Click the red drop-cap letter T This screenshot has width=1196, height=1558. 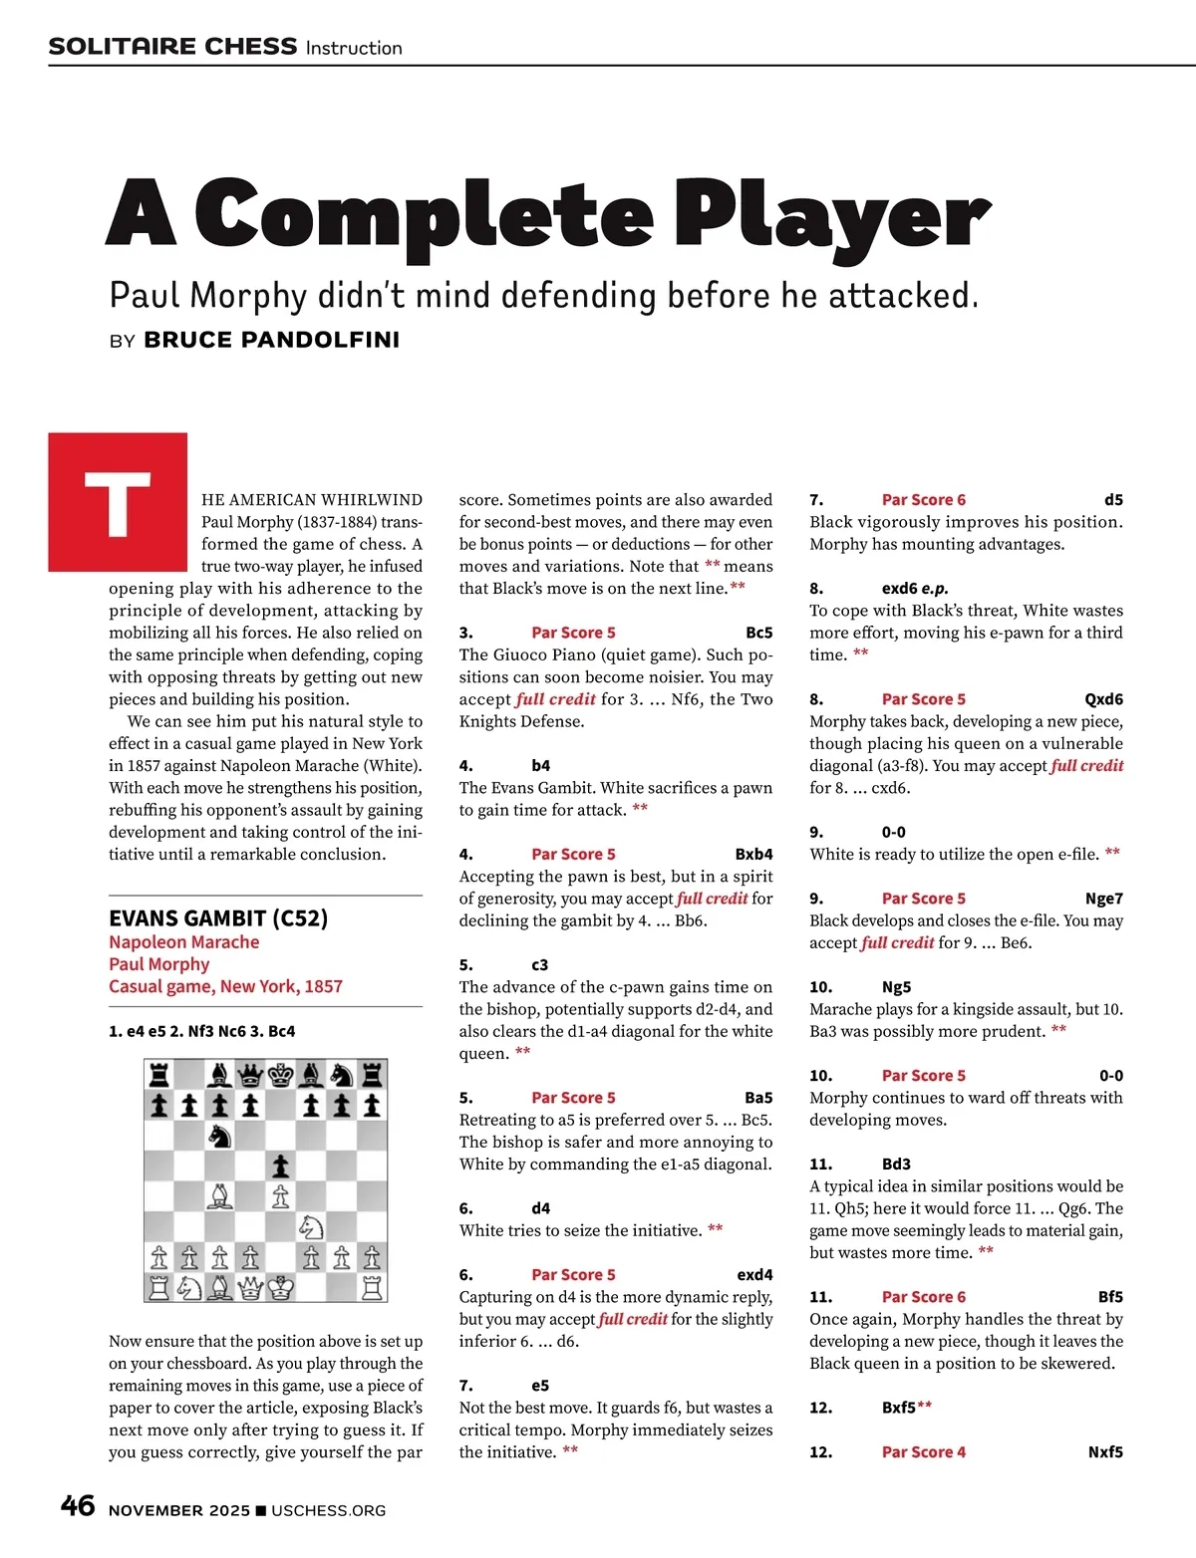click(118, 501)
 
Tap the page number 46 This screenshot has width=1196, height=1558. click(78, 1506)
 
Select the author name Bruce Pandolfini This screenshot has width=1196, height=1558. click(271, 340)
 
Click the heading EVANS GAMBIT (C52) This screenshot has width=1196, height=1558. click(218, 917)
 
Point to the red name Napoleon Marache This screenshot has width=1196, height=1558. click(183, 941)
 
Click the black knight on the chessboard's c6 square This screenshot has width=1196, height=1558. click(219, 1136)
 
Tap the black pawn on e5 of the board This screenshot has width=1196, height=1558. click(281, 1166)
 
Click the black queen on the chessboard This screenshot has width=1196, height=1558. click(250, 1075)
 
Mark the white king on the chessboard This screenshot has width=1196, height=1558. click(281, 1287)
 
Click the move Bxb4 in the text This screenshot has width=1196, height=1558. click(753, 854)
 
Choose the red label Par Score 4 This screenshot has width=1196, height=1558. click(923, 1451)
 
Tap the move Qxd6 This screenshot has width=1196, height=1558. click(1103, 698)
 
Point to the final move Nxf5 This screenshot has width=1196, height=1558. click(1105, 1451)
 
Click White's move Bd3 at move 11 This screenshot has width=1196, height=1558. click(896, 1164)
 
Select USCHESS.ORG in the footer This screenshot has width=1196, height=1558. click(328, 1510)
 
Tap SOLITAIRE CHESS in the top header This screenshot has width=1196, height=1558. click(172, 47)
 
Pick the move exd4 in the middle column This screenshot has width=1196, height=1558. click(754, 1274)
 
